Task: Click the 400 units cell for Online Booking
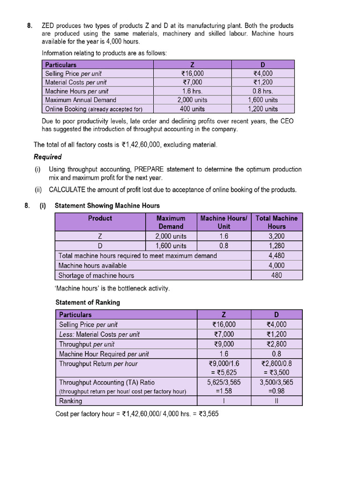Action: (x=192, y=109)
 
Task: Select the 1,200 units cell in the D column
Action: (x=262, y=109)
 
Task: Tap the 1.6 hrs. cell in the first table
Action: (x=192, y=91)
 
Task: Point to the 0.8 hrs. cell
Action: (x=262, y=91)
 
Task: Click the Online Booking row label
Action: (x=93, y=109)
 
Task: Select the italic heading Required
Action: (x=47, y=157)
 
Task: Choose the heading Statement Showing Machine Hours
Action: (x=107, y=205)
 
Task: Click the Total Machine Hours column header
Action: (x=277, y=222)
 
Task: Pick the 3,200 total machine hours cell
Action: (x=277, y=236)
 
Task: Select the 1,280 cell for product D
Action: (x=277, y=246)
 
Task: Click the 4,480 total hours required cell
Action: (x=277, y=255)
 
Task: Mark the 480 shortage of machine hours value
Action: (x=277, y=275)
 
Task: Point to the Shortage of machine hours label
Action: (x=96, y=275)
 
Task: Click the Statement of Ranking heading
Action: (x=88, y=302)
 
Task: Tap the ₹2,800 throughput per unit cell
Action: (x=276, y=344)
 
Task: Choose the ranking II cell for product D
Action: (x=276, y=401)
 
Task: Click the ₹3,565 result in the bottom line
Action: (x=207, y=414)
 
